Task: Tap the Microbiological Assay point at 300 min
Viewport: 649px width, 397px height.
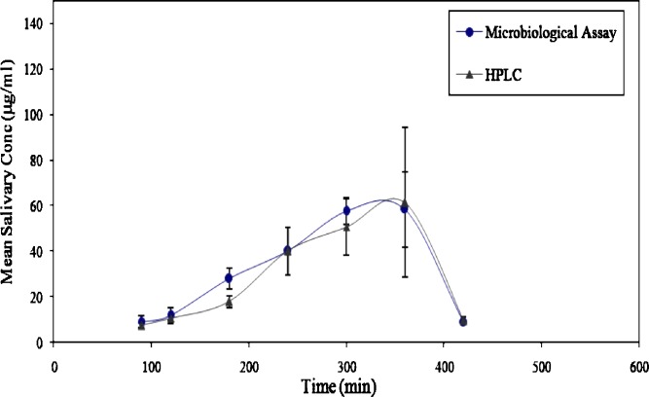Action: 345,211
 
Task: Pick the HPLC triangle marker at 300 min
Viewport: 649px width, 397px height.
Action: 345,228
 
